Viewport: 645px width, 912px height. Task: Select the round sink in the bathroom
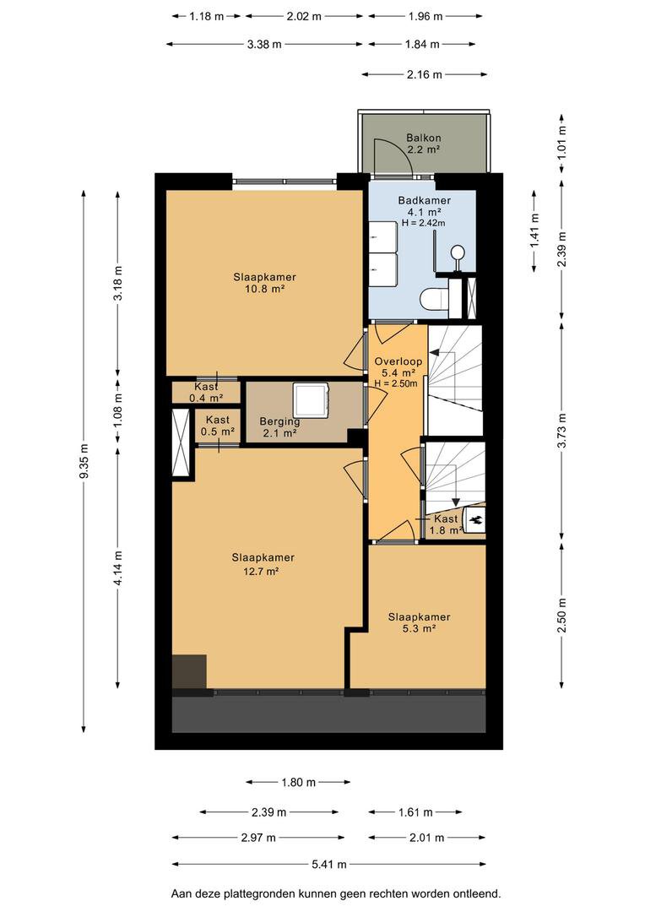pyautogui.click(x=458, y=253)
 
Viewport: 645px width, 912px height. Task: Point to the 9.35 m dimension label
pyautogui.click(x=84, y=461)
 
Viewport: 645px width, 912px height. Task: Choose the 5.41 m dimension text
pyautogui.click(x=329, y=865)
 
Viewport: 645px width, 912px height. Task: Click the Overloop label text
pyautogui.click(x=398, y=361)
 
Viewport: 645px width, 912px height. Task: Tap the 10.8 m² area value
pyautogui.click(x=264, y=289)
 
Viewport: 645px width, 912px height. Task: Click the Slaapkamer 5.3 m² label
pyautogui.click(x=420, y=622)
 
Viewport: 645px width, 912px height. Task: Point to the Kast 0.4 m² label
pyautogui.click(x=207, y=392)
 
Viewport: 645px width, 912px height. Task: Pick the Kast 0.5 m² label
pyautogui.click(x=218, y=425)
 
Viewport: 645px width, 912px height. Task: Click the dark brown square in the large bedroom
pyautogui.click(x=190, y=672)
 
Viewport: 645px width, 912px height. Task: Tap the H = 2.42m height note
pyautogui.click(x=424, y=223)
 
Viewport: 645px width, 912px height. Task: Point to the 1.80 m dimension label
pyautogui.click(x=298, y=782)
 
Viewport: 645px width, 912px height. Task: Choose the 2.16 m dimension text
pyautogui.click(x=425, y=74)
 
